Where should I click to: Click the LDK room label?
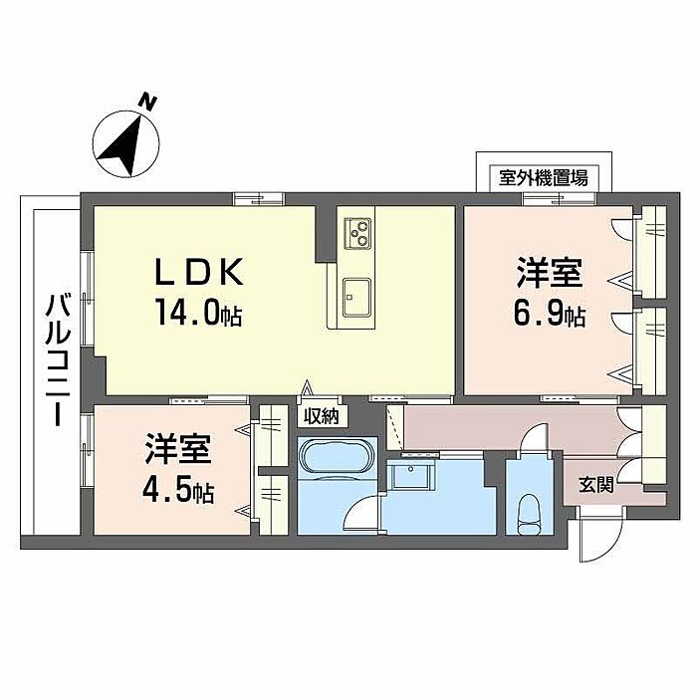click(x=197, y=272)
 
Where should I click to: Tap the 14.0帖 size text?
click(x=197, y=317)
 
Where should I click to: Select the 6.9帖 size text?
click(x=549, y=317)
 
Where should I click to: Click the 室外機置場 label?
click(x=544, y=179)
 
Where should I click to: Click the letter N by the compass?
click(x=147, y=101)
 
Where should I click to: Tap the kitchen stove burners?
click(x=357, y=234)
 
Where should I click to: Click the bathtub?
click(x=336, y=459)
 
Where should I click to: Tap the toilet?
click(x=529, y=514)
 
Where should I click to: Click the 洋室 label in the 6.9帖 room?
click(x=549, y=272)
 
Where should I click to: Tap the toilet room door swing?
click(x=534, y=441)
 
